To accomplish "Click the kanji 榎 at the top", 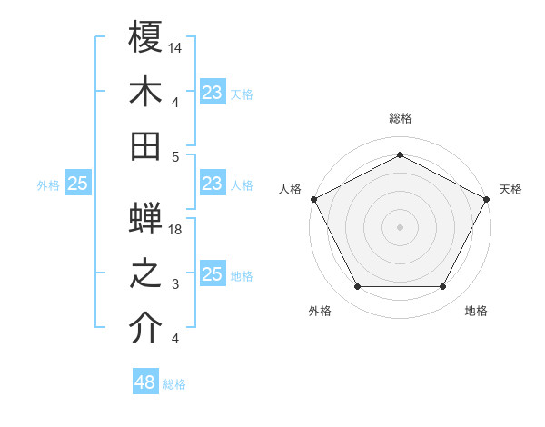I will pyautogui.click(x=145, y=38).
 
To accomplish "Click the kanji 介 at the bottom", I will pyautogui.click(x=145, y=329).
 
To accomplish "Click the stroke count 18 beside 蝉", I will pyautogui.click(x=176, y=231).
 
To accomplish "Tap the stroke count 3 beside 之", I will pyautogui.click(x=176, y=285).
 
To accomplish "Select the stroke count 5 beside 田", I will pyautogui.click(x=176, y=156).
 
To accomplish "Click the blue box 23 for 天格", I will pyautogui.click(x=212, y=92).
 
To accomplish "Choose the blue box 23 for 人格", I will pyautogui.click(x=212, y=184).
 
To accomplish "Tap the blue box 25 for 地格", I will pyautogui.click(x=212, y=275).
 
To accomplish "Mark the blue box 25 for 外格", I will pyautogui.click(x=77, y=184).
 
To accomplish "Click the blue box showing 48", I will pyautogui.click(x=144, y=382).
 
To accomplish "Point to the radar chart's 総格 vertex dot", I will pyautogui.click(x=400, y=155).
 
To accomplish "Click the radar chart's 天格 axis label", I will pyautogui.click(x=510, y=189).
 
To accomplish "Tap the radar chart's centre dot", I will pyautogui.click(x=400, y=226).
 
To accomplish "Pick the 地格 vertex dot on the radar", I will pyautogui.click(x=443, y=287).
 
